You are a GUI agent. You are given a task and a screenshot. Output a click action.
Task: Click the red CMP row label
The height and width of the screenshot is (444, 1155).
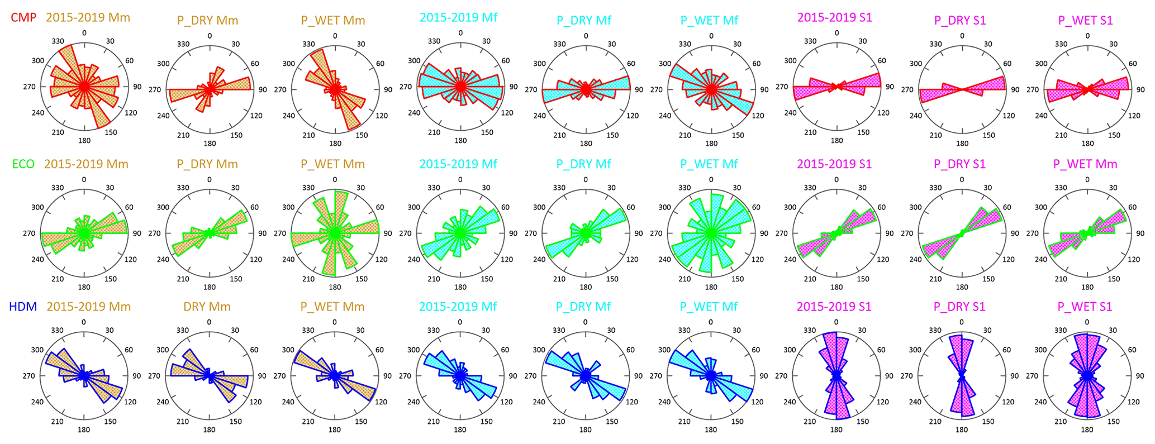(23, 17)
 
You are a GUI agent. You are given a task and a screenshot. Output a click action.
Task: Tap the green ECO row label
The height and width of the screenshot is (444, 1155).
(23, 164)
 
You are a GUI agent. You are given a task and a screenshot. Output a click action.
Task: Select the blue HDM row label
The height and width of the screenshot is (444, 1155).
(23, 307)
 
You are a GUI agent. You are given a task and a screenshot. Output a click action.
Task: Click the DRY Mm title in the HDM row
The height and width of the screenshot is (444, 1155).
(207, 307)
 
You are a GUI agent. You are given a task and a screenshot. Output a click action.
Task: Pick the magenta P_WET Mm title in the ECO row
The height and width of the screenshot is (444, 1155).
(1085, 164)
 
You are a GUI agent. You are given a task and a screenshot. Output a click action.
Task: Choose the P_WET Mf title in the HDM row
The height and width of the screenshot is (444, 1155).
(709, 307)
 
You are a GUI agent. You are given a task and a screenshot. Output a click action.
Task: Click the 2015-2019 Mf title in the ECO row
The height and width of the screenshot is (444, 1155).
(458, 164)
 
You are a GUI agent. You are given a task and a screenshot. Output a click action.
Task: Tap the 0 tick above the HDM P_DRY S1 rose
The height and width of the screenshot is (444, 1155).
(962, 322)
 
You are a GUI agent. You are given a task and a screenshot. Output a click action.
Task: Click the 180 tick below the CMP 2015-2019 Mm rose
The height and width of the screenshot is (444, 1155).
(84, 141)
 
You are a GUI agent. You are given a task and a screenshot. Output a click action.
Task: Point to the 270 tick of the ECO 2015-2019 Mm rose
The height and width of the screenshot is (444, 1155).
(29, 233)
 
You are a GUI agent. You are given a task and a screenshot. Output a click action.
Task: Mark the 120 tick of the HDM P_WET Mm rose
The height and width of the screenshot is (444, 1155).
(381, 402)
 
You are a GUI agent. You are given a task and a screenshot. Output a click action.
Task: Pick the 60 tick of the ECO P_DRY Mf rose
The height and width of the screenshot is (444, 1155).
(631, 207)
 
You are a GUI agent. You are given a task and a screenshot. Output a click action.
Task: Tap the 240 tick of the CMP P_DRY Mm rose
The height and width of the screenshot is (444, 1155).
(163, 116)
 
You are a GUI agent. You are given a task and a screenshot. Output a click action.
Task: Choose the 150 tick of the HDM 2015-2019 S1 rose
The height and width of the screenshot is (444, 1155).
(863, 422)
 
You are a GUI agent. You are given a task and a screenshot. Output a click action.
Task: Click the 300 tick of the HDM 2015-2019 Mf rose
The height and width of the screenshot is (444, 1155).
(413, 350)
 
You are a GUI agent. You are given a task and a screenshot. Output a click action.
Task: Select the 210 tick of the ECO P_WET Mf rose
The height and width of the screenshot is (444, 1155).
(685, 279)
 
